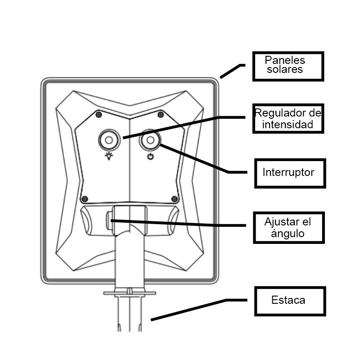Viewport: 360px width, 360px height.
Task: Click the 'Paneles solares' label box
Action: [288, 66]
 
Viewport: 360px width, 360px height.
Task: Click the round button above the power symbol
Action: [150, 141]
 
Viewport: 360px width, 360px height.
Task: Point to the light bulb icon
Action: [108, 156]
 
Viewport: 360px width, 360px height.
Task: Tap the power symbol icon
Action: [150, 157]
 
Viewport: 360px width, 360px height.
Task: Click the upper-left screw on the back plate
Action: [98, 115]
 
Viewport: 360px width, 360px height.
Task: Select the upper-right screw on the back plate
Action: [160, 115]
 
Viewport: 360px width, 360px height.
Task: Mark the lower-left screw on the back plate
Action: [85, 198]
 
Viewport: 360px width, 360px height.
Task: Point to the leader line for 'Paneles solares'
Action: [232, 71]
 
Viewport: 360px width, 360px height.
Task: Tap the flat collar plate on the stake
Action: [130, 293]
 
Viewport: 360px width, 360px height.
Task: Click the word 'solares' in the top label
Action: [284, 70]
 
